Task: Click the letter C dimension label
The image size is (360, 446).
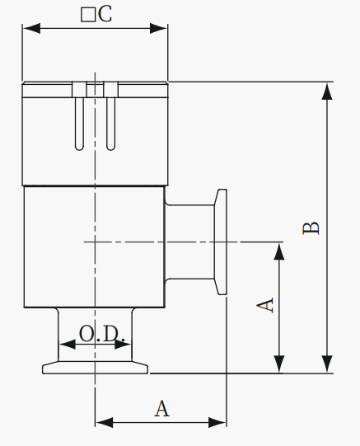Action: [105, 14]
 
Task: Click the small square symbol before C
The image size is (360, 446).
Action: [88, 15]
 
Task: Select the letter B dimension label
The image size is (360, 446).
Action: [311, 228]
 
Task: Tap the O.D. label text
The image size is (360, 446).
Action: [101, 334]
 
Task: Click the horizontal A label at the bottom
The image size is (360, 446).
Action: [162, 409]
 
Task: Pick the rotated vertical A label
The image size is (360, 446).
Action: [265, 305]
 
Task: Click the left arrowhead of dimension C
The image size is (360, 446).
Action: [31, 29]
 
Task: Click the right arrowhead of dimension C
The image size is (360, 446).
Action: [158, 29]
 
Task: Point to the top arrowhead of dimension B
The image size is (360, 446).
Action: [327, 91]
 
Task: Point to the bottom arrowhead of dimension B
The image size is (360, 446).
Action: [327, 364]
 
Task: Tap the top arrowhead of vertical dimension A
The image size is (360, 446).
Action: [279, 251]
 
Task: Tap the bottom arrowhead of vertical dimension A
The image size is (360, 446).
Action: [279, 364]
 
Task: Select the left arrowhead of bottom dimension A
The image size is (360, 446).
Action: [104, 422]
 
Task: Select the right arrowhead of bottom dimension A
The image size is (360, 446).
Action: [217, 422]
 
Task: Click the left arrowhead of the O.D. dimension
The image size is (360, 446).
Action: [67, 345]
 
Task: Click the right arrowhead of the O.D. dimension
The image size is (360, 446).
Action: [123, 345]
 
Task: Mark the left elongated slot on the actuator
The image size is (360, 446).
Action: [79, 124]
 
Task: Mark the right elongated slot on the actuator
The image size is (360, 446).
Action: [111, 124]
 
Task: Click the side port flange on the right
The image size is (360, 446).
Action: [221, 242]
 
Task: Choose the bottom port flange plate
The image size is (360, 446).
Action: [96, 368]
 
